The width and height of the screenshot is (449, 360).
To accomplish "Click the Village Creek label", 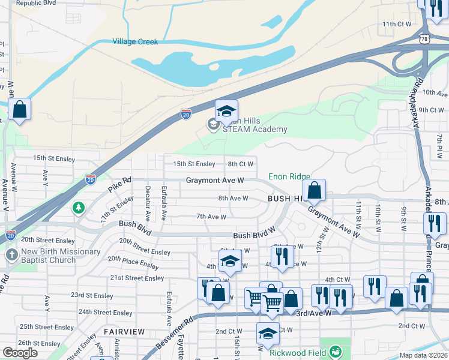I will [x=135, y=42].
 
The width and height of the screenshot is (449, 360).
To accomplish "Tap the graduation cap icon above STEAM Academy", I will [x=226, y=111].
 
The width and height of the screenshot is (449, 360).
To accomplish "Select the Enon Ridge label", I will [x=289, y=176].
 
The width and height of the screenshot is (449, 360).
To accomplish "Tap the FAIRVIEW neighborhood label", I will [x=124, y=331].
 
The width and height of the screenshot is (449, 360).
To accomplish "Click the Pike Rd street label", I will [x=119, y=182].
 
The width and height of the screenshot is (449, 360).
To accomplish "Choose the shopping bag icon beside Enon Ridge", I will [x=314, y=191].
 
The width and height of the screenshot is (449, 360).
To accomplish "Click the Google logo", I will [x=20, y=353].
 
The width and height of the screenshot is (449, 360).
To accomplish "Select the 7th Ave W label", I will [x=211, y=217].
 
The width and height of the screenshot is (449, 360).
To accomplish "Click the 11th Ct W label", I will [x=397, y=24].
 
